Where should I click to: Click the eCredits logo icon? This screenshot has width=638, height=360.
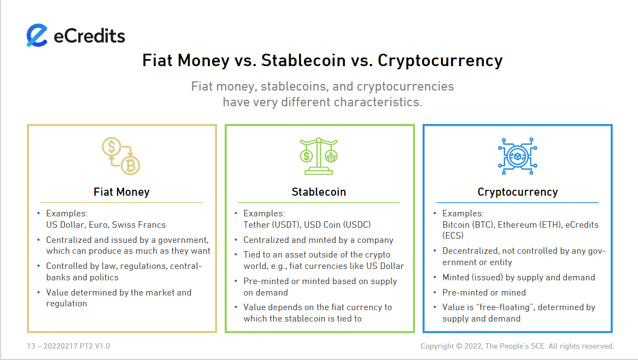coord(37,35)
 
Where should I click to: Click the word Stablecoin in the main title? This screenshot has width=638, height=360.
coord(303,61)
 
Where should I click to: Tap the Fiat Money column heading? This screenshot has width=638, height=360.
coord(121,192)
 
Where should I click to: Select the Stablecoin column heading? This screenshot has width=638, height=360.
coord(319,192)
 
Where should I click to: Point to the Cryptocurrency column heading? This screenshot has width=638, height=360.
coord(518,192)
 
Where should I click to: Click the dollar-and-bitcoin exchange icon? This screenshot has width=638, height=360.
coord(121,156)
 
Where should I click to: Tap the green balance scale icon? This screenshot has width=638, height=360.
coord(319,156)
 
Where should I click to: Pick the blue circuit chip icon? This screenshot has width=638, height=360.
coord(518,156)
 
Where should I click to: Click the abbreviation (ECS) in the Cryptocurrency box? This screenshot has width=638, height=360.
coord(453,236)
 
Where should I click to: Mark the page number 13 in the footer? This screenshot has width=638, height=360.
coord(31,346)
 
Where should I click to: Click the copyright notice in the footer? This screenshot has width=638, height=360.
coord(517,346)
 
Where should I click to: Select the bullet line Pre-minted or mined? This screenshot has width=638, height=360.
coord(484,292)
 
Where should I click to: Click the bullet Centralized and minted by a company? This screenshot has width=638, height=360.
coord(318,240)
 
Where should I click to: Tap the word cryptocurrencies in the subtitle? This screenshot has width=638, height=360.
coord(405,87)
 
